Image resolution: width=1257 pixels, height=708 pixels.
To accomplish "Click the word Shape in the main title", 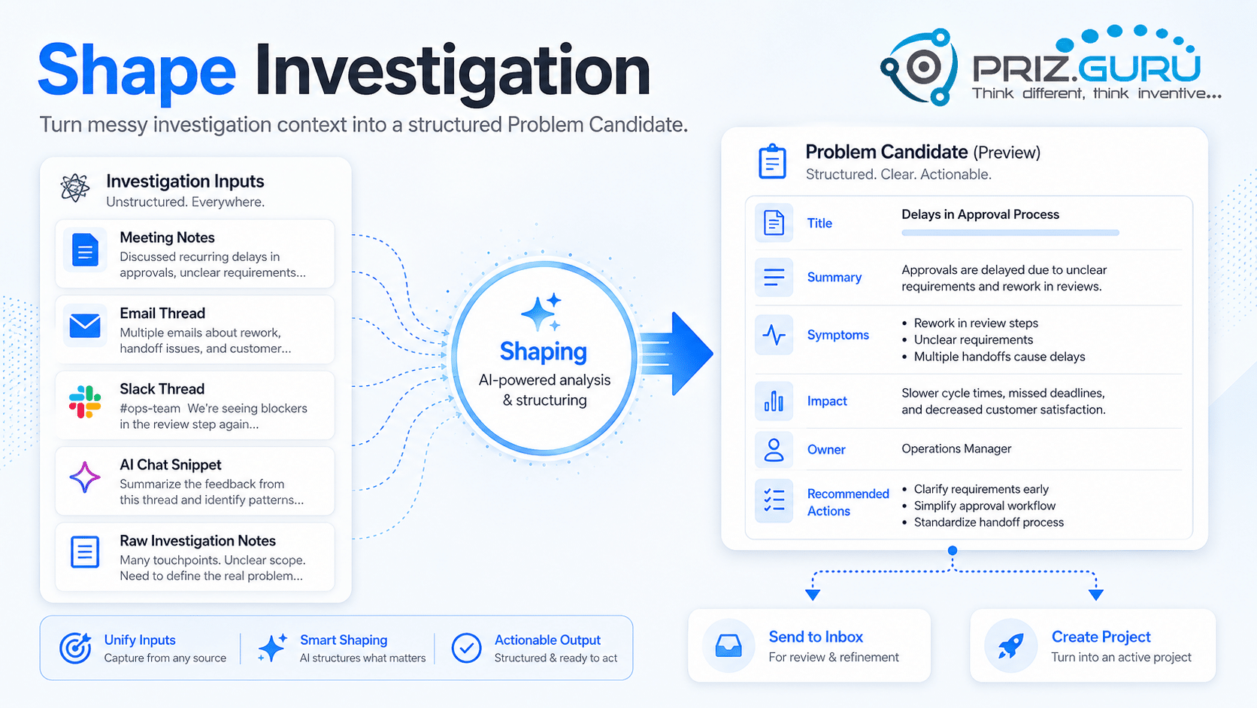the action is [137, 72].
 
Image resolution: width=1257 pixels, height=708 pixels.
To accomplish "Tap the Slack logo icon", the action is [85, 402].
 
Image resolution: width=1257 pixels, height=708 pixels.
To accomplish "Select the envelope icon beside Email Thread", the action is [85, 326].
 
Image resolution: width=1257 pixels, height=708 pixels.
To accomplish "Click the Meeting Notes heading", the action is [167, 238].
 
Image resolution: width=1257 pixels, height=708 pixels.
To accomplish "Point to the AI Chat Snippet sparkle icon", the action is [85, 477].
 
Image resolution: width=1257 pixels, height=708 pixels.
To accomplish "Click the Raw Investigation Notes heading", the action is [198, 541].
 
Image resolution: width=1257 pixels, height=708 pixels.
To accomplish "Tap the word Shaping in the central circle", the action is [544, 351].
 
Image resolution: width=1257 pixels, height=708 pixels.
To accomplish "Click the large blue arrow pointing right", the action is [676, 354].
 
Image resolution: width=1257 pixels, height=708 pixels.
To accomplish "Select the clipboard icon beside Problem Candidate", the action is [772, 162].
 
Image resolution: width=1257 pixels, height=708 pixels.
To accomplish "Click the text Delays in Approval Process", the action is [980, 214].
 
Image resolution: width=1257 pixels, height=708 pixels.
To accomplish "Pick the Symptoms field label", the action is [837, 336].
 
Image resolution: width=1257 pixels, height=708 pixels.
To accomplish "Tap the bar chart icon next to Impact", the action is [774, 402].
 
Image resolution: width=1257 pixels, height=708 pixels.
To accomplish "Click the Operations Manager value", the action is [956, 449].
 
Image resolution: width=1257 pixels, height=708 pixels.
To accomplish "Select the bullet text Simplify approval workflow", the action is [985, 506].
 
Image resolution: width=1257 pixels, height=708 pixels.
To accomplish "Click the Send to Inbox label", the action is [816, 637].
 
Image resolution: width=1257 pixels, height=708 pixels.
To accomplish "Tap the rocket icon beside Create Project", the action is [1010, 646].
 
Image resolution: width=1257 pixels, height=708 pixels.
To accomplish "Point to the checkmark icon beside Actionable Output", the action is [466, 648].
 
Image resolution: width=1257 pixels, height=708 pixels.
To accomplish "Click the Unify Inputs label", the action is [140, 640].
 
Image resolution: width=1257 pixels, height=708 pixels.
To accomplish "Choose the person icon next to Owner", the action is [774, 450].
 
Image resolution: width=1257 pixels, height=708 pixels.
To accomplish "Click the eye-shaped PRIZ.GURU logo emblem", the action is [919, 67].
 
